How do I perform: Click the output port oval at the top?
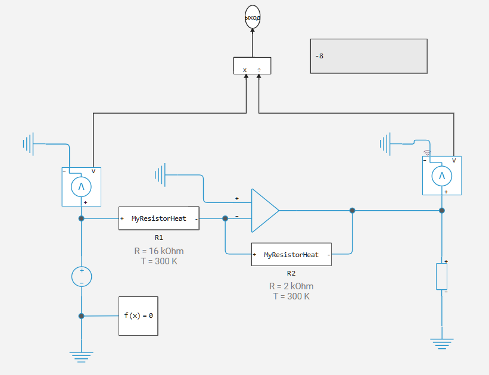point(253,18)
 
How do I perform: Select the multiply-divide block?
point(252,66)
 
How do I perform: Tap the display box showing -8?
point(369,57)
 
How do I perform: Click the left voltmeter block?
point(81,187)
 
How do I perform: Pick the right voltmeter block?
point(442,176)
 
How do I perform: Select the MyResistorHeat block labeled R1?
point(158,218)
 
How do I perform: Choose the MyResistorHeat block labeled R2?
point(291,255)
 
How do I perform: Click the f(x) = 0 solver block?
point(138,315)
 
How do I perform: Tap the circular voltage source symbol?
point(82,276)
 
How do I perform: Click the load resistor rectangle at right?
point(442,276)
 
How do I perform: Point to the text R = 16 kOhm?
point(159,251)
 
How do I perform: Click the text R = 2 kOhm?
point(291,286)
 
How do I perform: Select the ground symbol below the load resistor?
point(442,343)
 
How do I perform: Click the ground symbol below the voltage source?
point(82,356)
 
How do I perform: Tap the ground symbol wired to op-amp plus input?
point(160,175)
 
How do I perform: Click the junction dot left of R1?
point(82,218)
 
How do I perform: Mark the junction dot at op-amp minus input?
point(225,218)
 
